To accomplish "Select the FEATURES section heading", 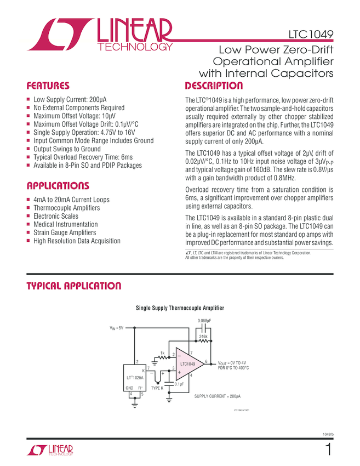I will click(48, 86).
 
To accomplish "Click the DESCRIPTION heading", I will click(214, 86).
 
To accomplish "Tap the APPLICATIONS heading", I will click(58, 186).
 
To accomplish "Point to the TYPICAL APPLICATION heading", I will click(74, 286).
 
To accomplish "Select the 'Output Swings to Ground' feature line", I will click(67, 149).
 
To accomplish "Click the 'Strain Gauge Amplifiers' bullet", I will click(68, 233).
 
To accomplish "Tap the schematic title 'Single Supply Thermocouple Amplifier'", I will click(180, 308).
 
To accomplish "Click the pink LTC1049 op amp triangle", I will click(188, 364).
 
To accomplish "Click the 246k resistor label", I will click(204, 335).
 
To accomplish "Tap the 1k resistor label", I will click(162, 353).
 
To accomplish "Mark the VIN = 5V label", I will click(117, 328).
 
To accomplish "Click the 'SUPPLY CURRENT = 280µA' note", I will click(218, 395).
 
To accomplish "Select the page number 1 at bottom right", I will click(328, 451).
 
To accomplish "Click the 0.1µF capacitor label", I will click(179, 384).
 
